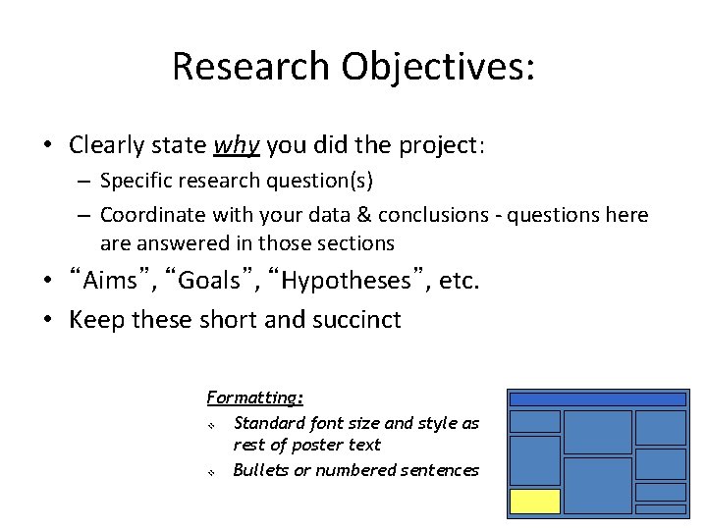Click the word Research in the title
coord(251,66)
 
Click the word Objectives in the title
coord(436,66)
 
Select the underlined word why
coord(237,146)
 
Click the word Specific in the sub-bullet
coord(135,182)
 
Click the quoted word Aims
coord(111,282)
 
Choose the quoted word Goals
coord(208,282)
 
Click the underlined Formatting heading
coord(254,397)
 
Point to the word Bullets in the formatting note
coord(259,470)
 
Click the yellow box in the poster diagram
coord(535,502)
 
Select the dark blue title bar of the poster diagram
coord(597,399)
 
